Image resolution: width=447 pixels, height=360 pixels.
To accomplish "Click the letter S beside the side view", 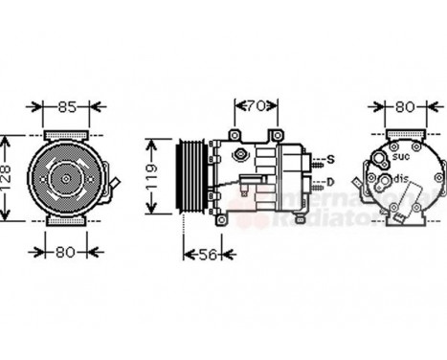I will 329,158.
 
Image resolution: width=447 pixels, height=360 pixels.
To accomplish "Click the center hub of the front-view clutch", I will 65,176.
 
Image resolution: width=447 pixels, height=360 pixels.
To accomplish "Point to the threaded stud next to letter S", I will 313,159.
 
